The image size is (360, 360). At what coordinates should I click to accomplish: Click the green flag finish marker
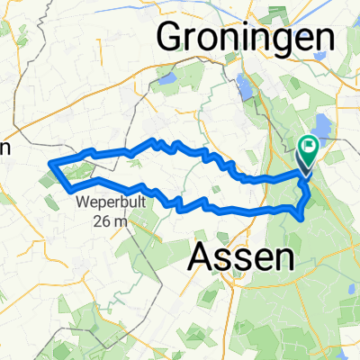pyautogui.click(x=310, y=145)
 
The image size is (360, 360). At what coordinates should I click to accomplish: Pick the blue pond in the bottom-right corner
pyautogui.click(x=346, y=346)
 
